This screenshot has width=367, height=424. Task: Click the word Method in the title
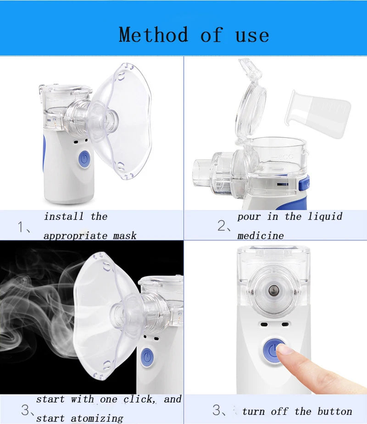(x=153, y=34)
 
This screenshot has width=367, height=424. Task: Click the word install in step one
(x=63, y=216)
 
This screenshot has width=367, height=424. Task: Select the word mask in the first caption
(x=125, y=236)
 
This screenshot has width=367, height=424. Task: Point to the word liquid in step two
(x=325, y=217)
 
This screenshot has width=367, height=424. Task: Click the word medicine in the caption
(x=261, y=236)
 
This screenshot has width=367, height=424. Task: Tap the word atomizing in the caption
(x=97, y=418)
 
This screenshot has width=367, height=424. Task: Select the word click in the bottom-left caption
(x=139, y=399)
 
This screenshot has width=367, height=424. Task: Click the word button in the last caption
(x=335, y=411)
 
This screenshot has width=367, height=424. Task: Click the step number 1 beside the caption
(x=21, y=226)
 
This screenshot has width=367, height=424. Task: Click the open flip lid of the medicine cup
(x=250, y=100)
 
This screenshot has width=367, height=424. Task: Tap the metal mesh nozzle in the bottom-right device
(x=274, y=290)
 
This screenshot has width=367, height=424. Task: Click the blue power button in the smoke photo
(x=147, y=357)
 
